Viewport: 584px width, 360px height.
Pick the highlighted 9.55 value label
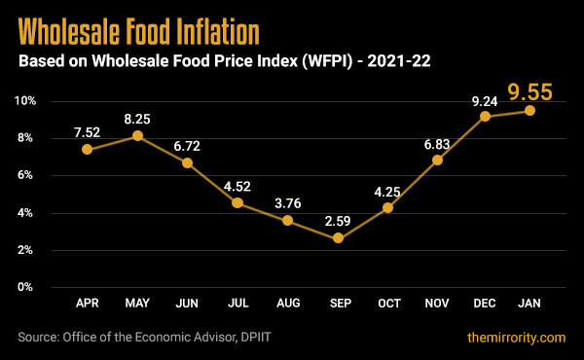point(530,93)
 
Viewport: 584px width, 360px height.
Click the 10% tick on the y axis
point(25,101)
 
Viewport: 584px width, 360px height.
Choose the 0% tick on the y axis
point(28,288)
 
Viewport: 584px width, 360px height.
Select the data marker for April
point(88,150)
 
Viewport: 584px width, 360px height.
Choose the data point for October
point(388,207)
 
